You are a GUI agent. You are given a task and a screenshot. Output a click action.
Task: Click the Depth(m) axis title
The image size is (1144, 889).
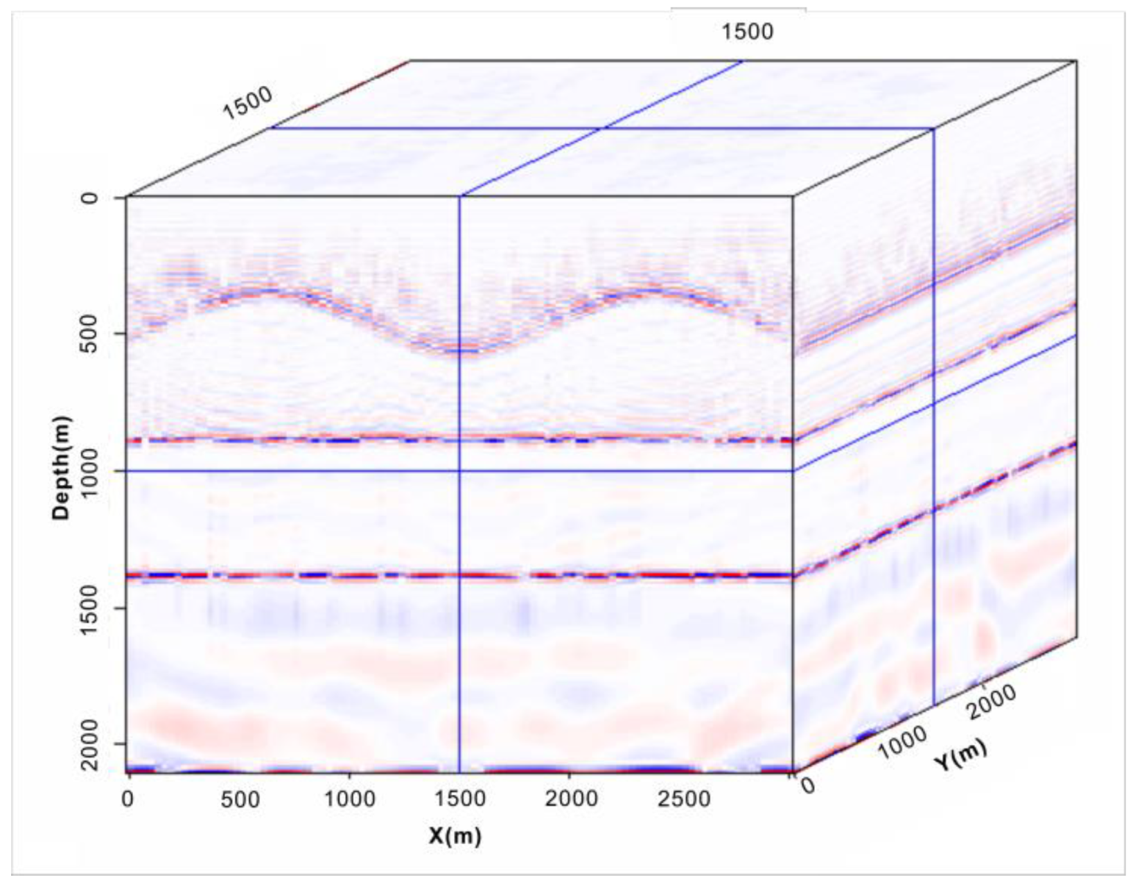pos(62,468)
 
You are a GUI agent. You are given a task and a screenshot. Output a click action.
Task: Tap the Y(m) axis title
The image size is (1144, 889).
pos(960,755)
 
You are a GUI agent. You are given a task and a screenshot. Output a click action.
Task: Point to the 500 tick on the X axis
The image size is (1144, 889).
pos(240,799)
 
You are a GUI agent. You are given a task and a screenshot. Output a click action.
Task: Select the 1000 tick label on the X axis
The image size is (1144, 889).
pos(350,799)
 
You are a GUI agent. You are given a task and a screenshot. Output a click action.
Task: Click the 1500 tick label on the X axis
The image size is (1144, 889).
pos(459,799)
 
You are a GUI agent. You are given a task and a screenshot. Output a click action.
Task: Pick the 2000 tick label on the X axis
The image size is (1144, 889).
pos(570,799)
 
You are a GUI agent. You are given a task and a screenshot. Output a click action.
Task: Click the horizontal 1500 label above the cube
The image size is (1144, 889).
pos(747,32)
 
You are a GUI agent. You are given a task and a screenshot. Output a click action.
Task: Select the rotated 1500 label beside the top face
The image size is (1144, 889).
pos(247,104)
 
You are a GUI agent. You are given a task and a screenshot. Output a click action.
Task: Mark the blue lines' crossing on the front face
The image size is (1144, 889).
pos(459,471)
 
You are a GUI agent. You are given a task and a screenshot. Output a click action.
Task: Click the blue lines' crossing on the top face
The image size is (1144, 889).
pos(603,128)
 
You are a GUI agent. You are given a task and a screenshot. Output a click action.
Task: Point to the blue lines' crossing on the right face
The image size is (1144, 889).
pos(933,403)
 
